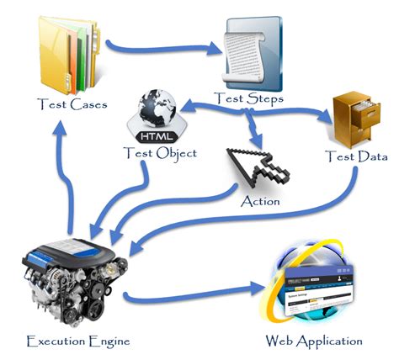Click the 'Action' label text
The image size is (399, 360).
pyautogui.click(x=260, y=201)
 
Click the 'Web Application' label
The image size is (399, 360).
pyautogui.click(x=314, y=341)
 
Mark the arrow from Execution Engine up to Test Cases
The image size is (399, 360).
pyautogui.click(x=61, y=177)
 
